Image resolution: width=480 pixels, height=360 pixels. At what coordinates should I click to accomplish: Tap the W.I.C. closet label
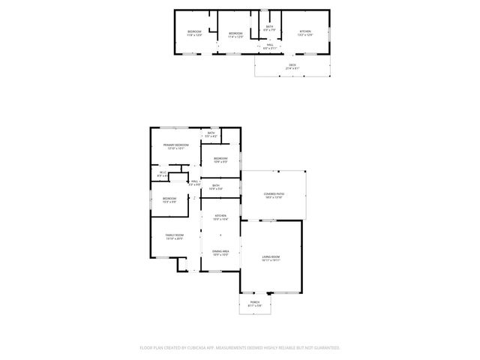(x=163, y=172)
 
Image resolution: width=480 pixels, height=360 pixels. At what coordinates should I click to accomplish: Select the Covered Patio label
(x=273, y=194)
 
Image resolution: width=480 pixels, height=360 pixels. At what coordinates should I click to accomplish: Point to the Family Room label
(x=175, y=235)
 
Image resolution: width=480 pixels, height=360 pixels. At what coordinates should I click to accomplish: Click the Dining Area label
(x=220, y=251)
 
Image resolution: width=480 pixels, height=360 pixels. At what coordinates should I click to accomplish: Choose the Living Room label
(x=271, y=258)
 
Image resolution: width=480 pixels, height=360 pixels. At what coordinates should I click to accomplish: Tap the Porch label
(x=255, y=301)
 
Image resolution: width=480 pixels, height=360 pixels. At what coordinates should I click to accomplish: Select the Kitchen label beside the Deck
(x=304, y=31)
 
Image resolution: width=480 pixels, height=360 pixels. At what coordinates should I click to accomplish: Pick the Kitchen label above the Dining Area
(x=220, y=216)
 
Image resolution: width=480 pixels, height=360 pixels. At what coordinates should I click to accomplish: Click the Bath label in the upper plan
(x=269, y=27)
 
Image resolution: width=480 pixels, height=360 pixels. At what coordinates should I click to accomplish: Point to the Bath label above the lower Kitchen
(x=216, y=185)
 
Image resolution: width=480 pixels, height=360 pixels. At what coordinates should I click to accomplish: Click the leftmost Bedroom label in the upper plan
(x=194, y=31)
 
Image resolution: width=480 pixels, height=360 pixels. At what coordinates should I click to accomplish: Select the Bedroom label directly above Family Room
(x=169, y=198)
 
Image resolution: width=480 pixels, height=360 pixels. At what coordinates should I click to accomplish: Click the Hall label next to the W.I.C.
(x=194, y=181)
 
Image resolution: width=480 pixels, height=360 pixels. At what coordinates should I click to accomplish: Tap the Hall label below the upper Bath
(x=270, y=44)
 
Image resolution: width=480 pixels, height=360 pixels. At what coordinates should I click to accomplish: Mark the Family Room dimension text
(x=175, y=239)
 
